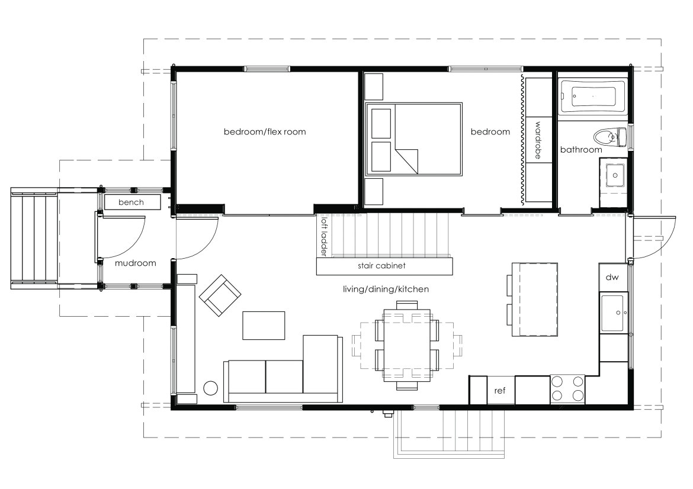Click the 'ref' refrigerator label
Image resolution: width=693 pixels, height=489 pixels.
point(499,391)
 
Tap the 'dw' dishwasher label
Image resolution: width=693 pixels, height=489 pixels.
point(612,278)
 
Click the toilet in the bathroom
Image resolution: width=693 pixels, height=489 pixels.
point(610,137)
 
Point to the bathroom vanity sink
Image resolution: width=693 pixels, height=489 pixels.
point(614,175)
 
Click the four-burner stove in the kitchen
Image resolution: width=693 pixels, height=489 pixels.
point(567,389)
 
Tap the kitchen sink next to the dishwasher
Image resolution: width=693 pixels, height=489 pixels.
point(614,313)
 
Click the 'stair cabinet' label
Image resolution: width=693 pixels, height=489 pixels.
point(381,266)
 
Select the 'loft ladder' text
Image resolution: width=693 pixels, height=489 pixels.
point(325,236)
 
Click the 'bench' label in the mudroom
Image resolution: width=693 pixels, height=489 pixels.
point(131,202)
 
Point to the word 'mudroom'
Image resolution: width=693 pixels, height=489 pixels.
point(135,263)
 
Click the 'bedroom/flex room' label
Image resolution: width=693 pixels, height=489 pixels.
point(265,131)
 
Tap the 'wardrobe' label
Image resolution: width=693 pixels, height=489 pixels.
point(538,140)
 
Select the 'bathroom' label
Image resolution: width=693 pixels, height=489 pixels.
point(580,150)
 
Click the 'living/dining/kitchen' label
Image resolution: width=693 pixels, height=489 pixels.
point(386,289)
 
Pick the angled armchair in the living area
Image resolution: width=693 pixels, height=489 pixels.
point(220,295)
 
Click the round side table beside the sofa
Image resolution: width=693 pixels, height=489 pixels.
point(210,388)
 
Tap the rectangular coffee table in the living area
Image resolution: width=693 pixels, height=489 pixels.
point(264,326)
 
